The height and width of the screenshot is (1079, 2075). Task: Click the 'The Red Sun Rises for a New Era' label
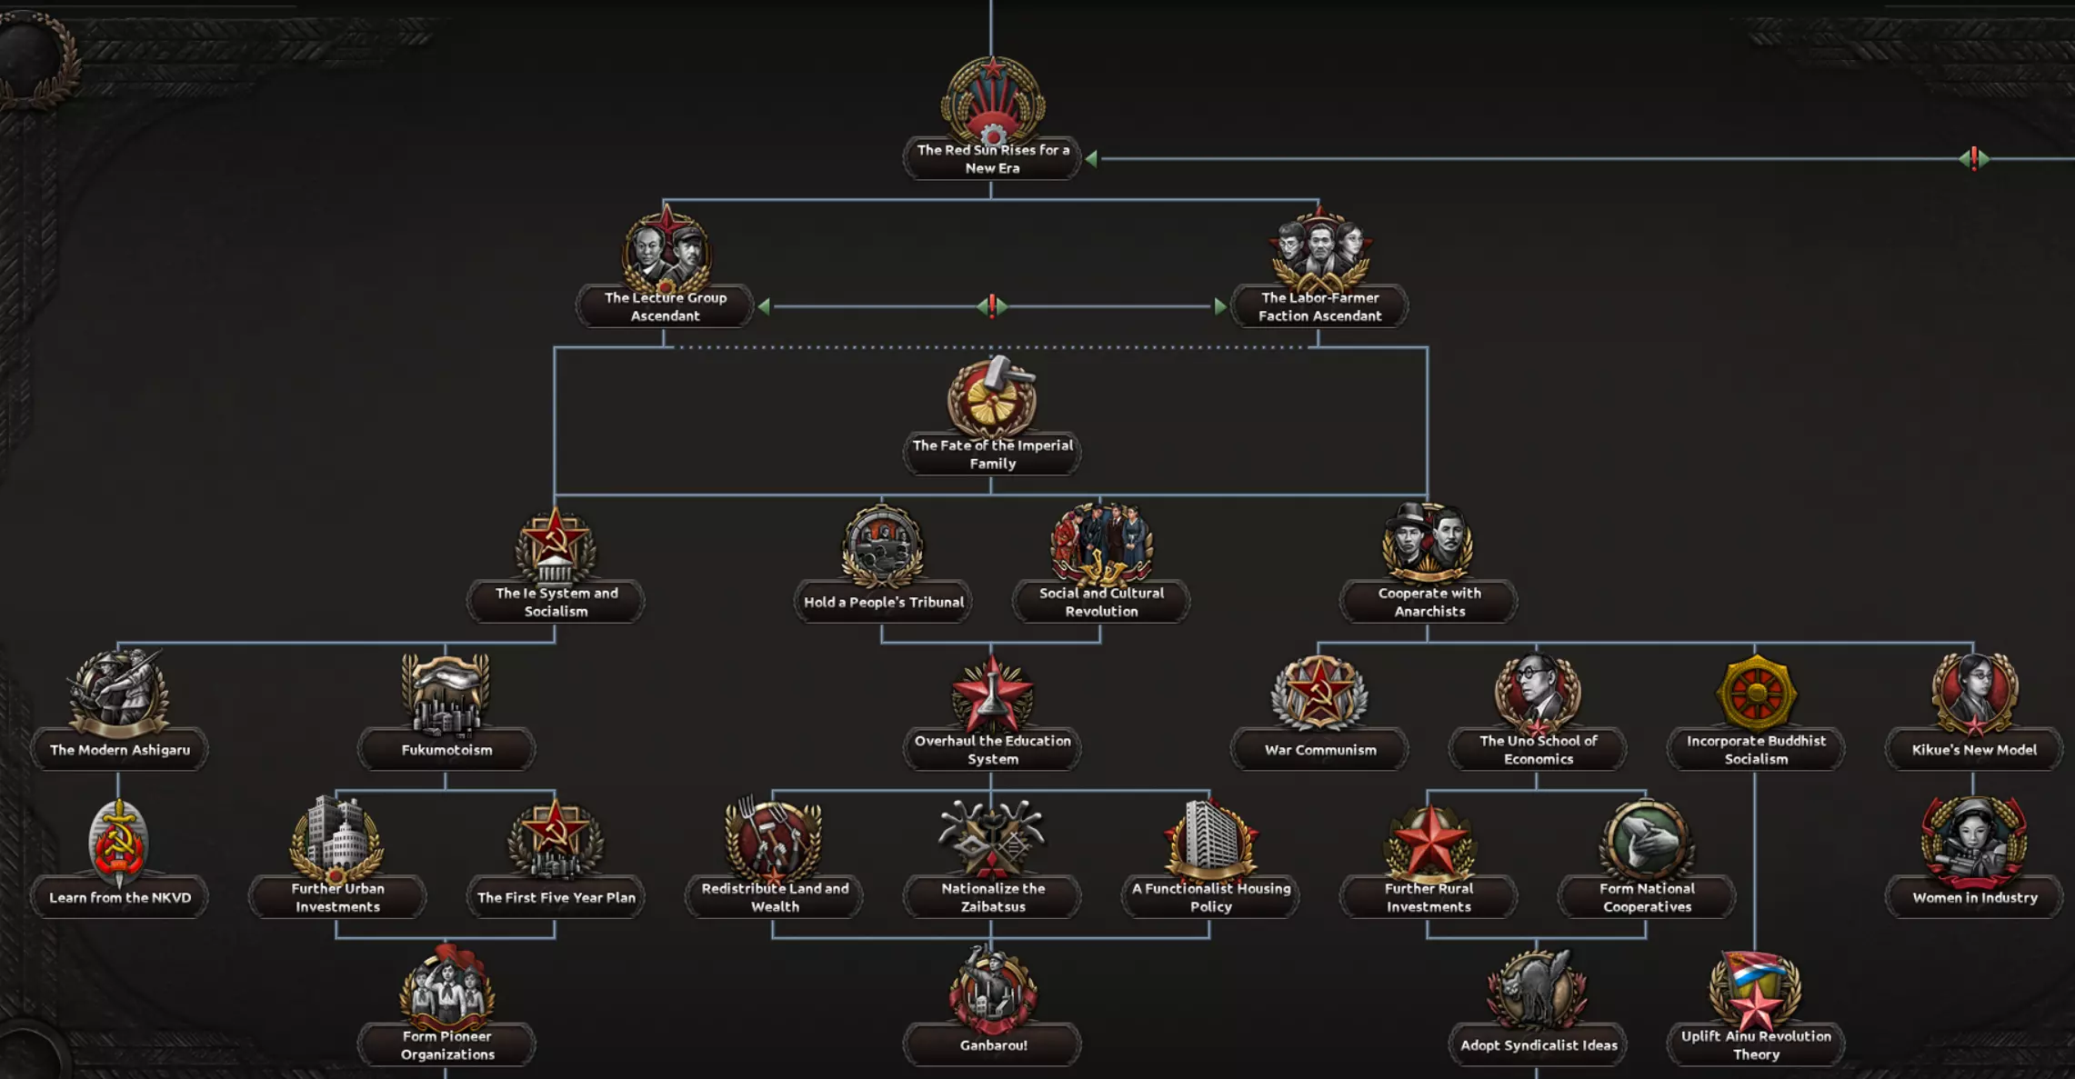(x=992, y=159)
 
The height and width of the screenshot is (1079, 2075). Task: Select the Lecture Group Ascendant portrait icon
(x=667, y=249)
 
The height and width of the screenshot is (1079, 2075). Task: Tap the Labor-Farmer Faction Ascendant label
(x=1319, y=306)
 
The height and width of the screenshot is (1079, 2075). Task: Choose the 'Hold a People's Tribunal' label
(x=883, y=602)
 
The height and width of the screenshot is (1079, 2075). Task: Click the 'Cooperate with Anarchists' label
(x=1428, y=602)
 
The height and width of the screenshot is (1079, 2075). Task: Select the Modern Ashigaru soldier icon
(x=119, y=692)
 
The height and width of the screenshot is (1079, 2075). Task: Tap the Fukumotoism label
(x=446, y=750)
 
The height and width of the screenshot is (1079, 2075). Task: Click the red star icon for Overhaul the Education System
(x=992, y=694)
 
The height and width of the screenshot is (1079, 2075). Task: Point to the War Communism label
(x=1319, y=750)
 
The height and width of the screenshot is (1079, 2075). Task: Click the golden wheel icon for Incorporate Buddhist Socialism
(x=1756, y=693)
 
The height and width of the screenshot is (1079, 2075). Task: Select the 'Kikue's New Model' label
(x=1974, y=750)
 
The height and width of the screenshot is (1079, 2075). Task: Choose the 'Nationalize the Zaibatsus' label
(x=992, y=897)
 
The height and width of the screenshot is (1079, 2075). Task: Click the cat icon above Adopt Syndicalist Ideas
(x=1537, y=989)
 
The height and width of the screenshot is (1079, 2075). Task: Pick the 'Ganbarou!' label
(x=993, y=1045)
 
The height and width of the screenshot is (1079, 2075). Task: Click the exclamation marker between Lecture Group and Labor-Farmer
(x=992, y=306)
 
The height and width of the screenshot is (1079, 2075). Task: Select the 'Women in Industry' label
(x=1974, y=897)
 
